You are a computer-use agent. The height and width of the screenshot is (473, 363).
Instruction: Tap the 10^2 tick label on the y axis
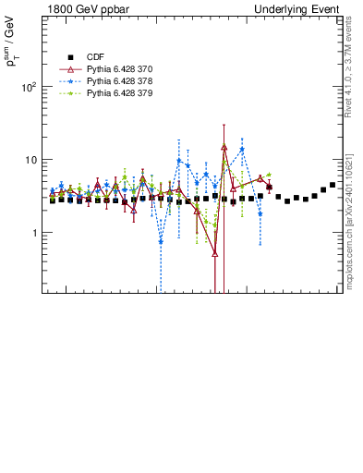29,87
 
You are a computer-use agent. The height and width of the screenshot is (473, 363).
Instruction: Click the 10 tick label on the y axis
31,160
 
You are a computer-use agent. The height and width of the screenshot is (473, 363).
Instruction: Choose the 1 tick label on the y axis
34,233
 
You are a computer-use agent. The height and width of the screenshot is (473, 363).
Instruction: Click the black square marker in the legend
70,57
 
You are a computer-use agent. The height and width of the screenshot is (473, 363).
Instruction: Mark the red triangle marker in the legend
70,69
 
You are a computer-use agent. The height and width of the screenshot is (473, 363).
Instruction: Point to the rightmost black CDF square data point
333,185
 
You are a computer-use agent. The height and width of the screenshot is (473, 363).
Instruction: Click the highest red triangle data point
224,147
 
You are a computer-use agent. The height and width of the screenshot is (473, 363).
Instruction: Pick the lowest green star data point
215,224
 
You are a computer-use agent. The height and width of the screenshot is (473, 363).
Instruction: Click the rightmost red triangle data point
269,187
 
